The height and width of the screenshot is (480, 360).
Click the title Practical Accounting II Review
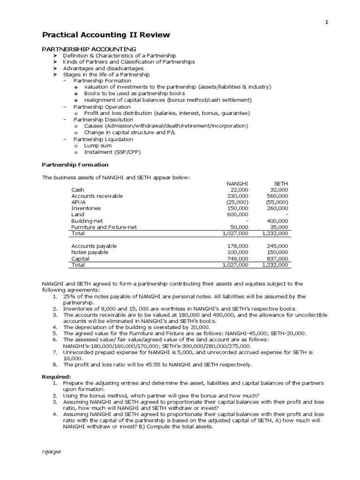click(106, 35)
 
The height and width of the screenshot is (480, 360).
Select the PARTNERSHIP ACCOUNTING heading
click(89, 49)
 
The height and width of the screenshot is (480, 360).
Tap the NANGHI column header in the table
click(237, 183)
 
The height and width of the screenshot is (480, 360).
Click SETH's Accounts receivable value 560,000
click(278, 195)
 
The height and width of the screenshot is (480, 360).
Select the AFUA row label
click(78, 202)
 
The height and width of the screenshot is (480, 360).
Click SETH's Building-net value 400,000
click(278, 221)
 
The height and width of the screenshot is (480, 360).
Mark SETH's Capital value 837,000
click(278, 258)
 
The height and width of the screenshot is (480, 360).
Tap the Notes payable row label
click(90, 252)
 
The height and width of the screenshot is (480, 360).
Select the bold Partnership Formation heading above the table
click(75, 165)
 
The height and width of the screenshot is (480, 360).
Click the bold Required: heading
click(57, 376)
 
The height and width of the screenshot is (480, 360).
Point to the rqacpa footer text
click(52, 451)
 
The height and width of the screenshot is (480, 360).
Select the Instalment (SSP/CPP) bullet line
click(112, 152)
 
